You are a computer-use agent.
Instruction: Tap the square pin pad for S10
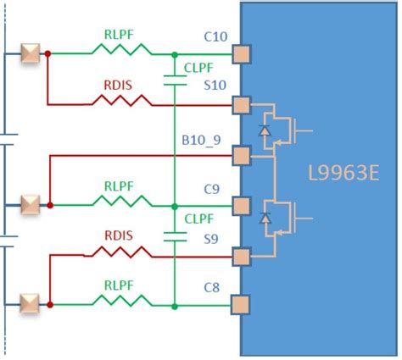coord(242,105)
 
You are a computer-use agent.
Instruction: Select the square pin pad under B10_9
coord(242,155)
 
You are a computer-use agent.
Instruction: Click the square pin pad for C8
coord(242,304)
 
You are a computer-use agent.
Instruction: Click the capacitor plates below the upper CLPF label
coord(174,80)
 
